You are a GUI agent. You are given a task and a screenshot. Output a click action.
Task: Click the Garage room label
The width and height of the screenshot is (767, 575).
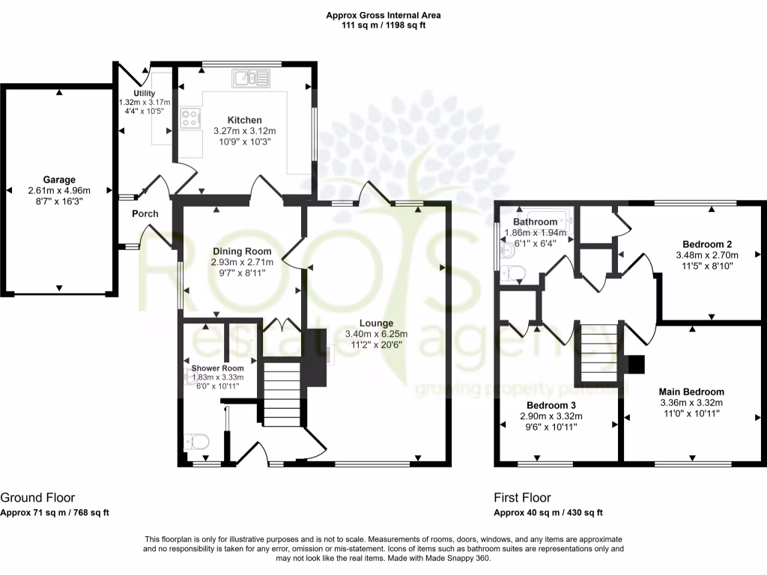(x=58, y=180)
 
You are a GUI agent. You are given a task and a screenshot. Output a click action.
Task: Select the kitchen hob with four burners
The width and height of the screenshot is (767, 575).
(x=189, y=118)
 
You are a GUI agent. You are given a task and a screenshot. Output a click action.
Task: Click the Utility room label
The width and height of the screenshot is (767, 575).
(x=144, y=93)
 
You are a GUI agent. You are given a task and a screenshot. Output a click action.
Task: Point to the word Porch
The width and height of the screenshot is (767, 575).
(x=145, y=214)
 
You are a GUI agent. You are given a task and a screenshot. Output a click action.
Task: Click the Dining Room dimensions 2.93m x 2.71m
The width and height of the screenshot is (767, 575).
(x=242, y=263)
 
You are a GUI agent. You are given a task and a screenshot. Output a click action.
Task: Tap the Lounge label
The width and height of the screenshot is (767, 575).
(x=376, y=323)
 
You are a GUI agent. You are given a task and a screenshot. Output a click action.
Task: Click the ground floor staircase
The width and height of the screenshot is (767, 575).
(x=281, y=393)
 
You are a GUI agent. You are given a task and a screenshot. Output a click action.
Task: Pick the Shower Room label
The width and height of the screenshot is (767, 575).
(x=217, y=368)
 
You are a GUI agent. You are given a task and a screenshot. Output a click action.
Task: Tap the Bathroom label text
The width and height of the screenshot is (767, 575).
(x=535, y=222)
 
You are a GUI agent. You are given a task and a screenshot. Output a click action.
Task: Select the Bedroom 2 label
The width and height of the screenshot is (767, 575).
(x=706, y=244)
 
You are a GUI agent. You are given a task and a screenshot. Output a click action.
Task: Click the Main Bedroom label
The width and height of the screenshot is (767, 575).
(x=691, y=392)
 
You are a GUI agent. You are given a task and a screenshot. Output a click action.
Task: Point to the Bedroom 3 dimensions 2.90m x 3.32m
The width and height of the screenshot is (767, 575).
(x=545, y=416)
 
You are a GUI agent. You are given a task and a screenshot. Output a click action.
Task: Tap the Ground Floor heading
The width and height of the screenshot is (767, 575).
(x=37, y=497)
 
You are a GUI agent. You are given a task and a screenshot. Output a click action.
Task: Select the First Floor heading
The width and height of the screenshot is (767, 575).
(x=522, y=497)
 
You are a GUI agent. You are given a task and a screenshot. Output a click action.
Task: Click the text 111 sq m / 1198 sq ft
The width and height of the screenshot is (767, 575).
(x=383, y=25)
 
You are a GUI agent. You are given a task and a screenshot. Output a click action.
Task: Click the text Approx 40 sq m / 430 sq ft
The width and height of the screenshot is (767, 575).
(x=548, y=513)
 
